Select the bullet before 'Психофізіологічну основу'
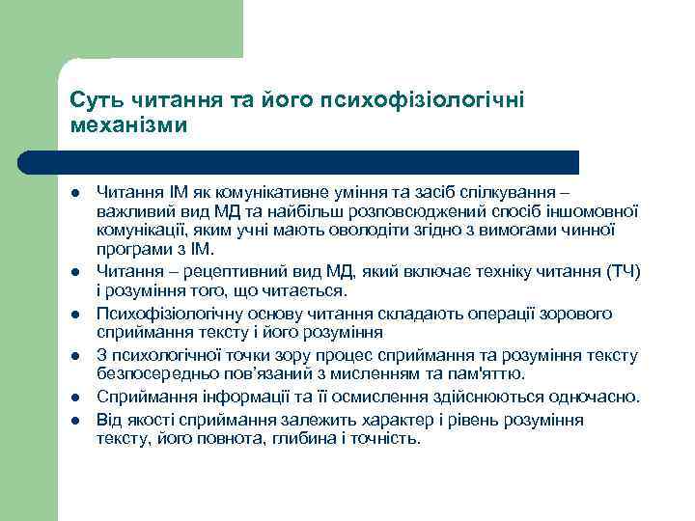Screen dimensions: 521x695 tap(75, 315)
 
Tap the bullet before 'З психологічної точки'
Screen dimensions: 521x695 tap(75, 355)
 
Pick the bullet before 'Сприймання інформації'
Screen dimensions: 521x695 tap(75, 397)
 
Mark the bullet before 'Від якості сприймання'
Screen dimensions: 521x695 tap(75, 419)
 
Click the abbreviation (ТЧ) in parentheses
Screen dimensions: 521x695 tap(624, 271)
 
